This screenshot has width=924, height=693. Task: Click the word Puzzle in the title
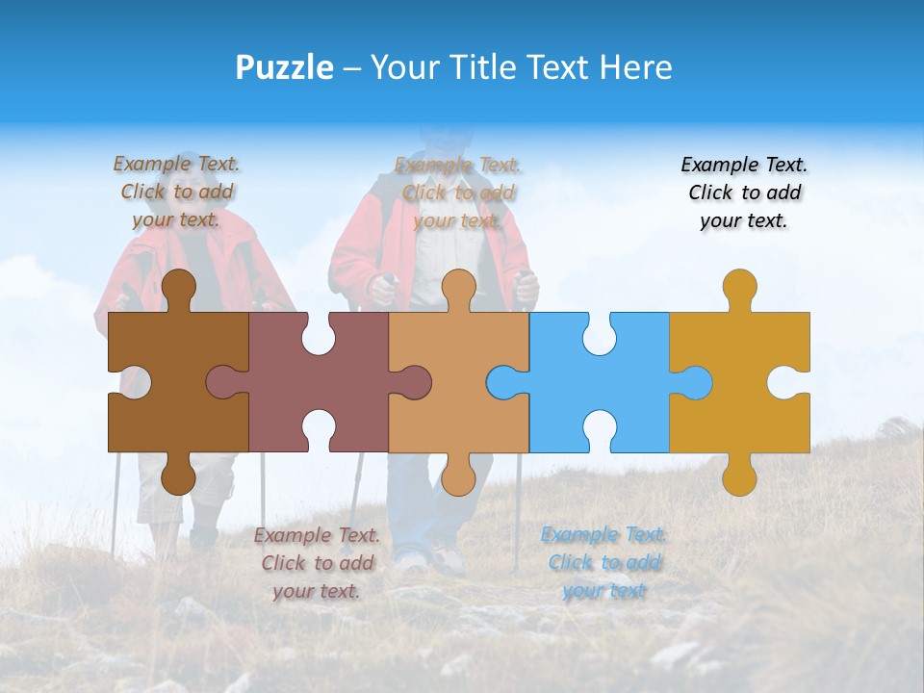pos(285,67)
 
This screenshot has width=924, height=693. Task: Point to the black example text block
pos(744,192)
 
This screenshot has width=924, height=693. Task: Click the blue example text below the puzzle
pos(603,562)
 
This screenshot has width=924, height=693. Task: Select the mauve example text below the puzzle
pos(317,563)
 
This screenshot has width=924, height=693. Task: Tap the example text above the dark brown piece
pos(177,192)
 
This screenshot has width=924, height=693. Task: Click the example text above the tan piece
pos(458,192)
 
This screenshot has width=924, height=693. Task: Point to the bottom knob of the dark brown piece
pos(179,476)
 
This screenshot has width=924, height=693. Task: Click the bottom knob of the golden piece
pos(739,478)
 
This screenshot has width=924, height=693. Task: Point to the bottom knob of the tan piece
pos(458,476)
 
